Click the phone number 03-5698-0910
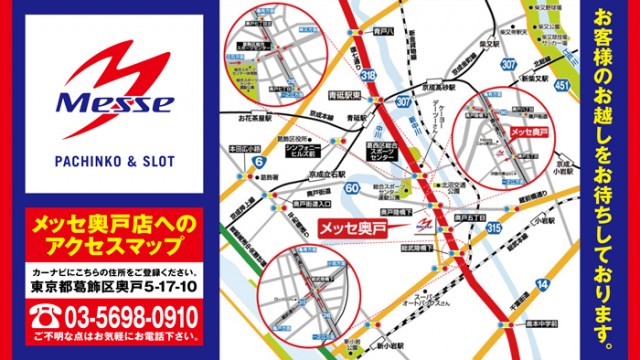(x=127, y=319)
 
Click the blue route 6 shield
(x=259, y=159)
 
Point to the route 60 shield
(x=352, y=187)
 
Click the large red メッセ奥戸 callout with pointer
(x=355, y=227)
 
